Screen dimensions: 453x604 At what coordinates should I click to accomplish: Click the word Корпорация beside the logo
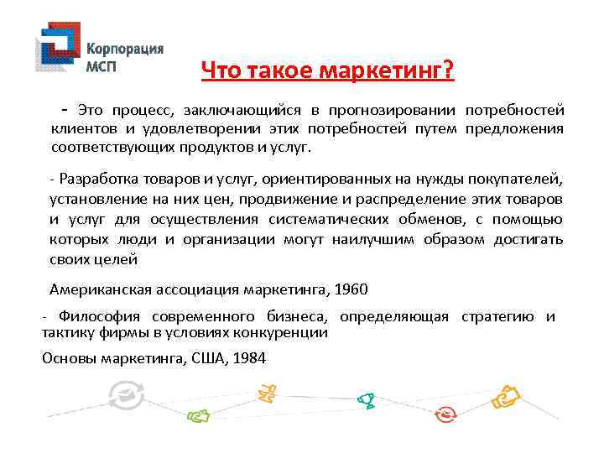click(125, 49)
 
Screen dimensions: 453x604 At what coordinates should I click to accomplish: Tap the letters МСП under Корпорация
click(104, 66)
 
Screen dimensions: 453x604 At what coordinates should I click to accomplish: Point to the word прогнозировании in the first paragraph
click(391, 110)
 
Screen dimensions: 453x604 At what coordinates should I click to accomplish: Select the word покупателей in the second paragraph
click(521, 181)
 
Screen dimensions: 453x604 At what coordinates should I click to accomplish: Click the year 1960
click(351, 289)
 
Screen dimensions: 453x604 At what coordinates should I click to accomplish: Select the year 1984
click(248, 358)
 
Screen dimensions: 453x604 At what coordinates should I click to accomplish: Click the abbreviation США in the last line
click(206, 358)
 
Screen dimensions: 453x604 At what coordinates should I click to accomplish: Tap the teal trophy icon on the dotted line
click(367, 401)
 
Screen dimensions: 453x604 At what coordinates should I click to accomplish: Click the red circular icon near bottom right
click(445, 414)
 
